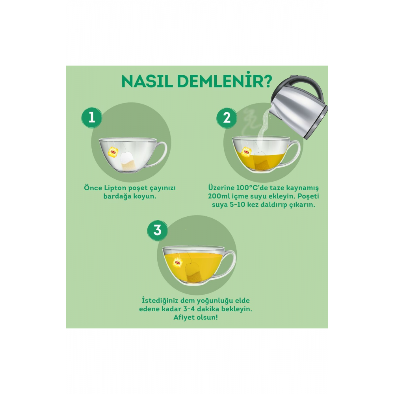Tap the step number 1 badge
(x=91, y=117)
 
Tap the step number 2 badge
(x=227, y=117)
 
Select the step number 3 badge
(x=157, y=230)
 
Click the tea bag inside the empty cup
(x=128, y=161)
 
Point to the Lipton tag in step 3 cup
(x=178, y=262)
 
